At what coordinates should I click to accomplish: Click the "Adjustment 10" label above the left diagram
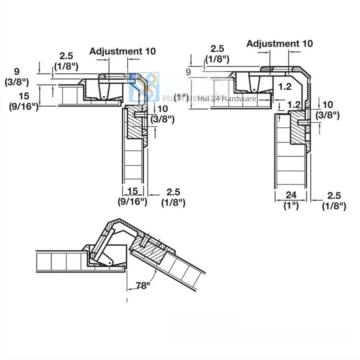(x=122, y=51)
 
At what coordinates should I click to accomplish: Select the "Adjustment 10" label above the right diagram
(x=279, y=44)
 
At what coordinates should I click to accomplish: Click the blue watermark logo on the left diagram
(x=144, y=87)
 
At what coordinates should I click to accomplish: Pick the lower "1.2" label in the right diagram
(x=294, y=104)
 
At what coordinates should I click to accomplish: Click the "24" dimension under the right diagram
(x=291, y=196)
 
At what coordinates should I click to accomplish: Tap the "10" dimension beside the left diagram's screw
(x=163, y=108)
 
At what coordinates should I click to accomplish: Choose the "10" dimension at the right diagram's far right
(x=328, y=104)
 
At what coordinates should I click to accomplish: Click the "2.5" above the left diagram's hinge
(x=66, y=56)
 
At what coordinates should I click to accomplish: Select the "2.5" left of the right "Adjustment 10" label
(x=217, y=48)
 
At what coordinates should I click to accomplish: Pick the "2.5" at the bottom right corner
(x=334, y=196)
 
